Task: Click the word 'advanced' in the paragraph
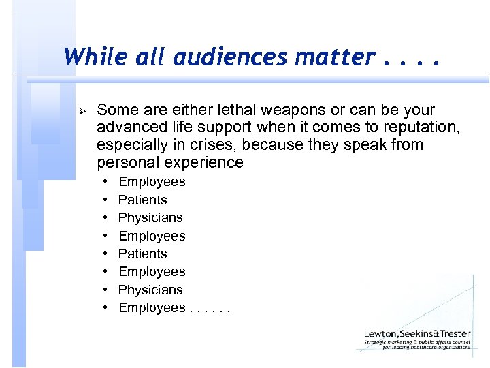pyautogui.click(x=127, y=127)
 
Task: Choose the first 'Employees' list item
pyautogui.click(x=152, y=182)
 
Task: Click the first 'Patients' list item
pyautogui.click(x=142, y=200)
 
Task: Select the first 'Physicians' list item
pyautogui.click(x=150, y=217)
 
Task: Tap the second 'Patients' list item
pyautogui.click(x=142, y=254)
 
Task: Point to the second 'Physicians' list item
pyautogui.click(x=150, y=290)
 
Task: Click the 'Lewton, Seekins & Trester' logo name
pyautogui.click(x=417, y=335)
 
